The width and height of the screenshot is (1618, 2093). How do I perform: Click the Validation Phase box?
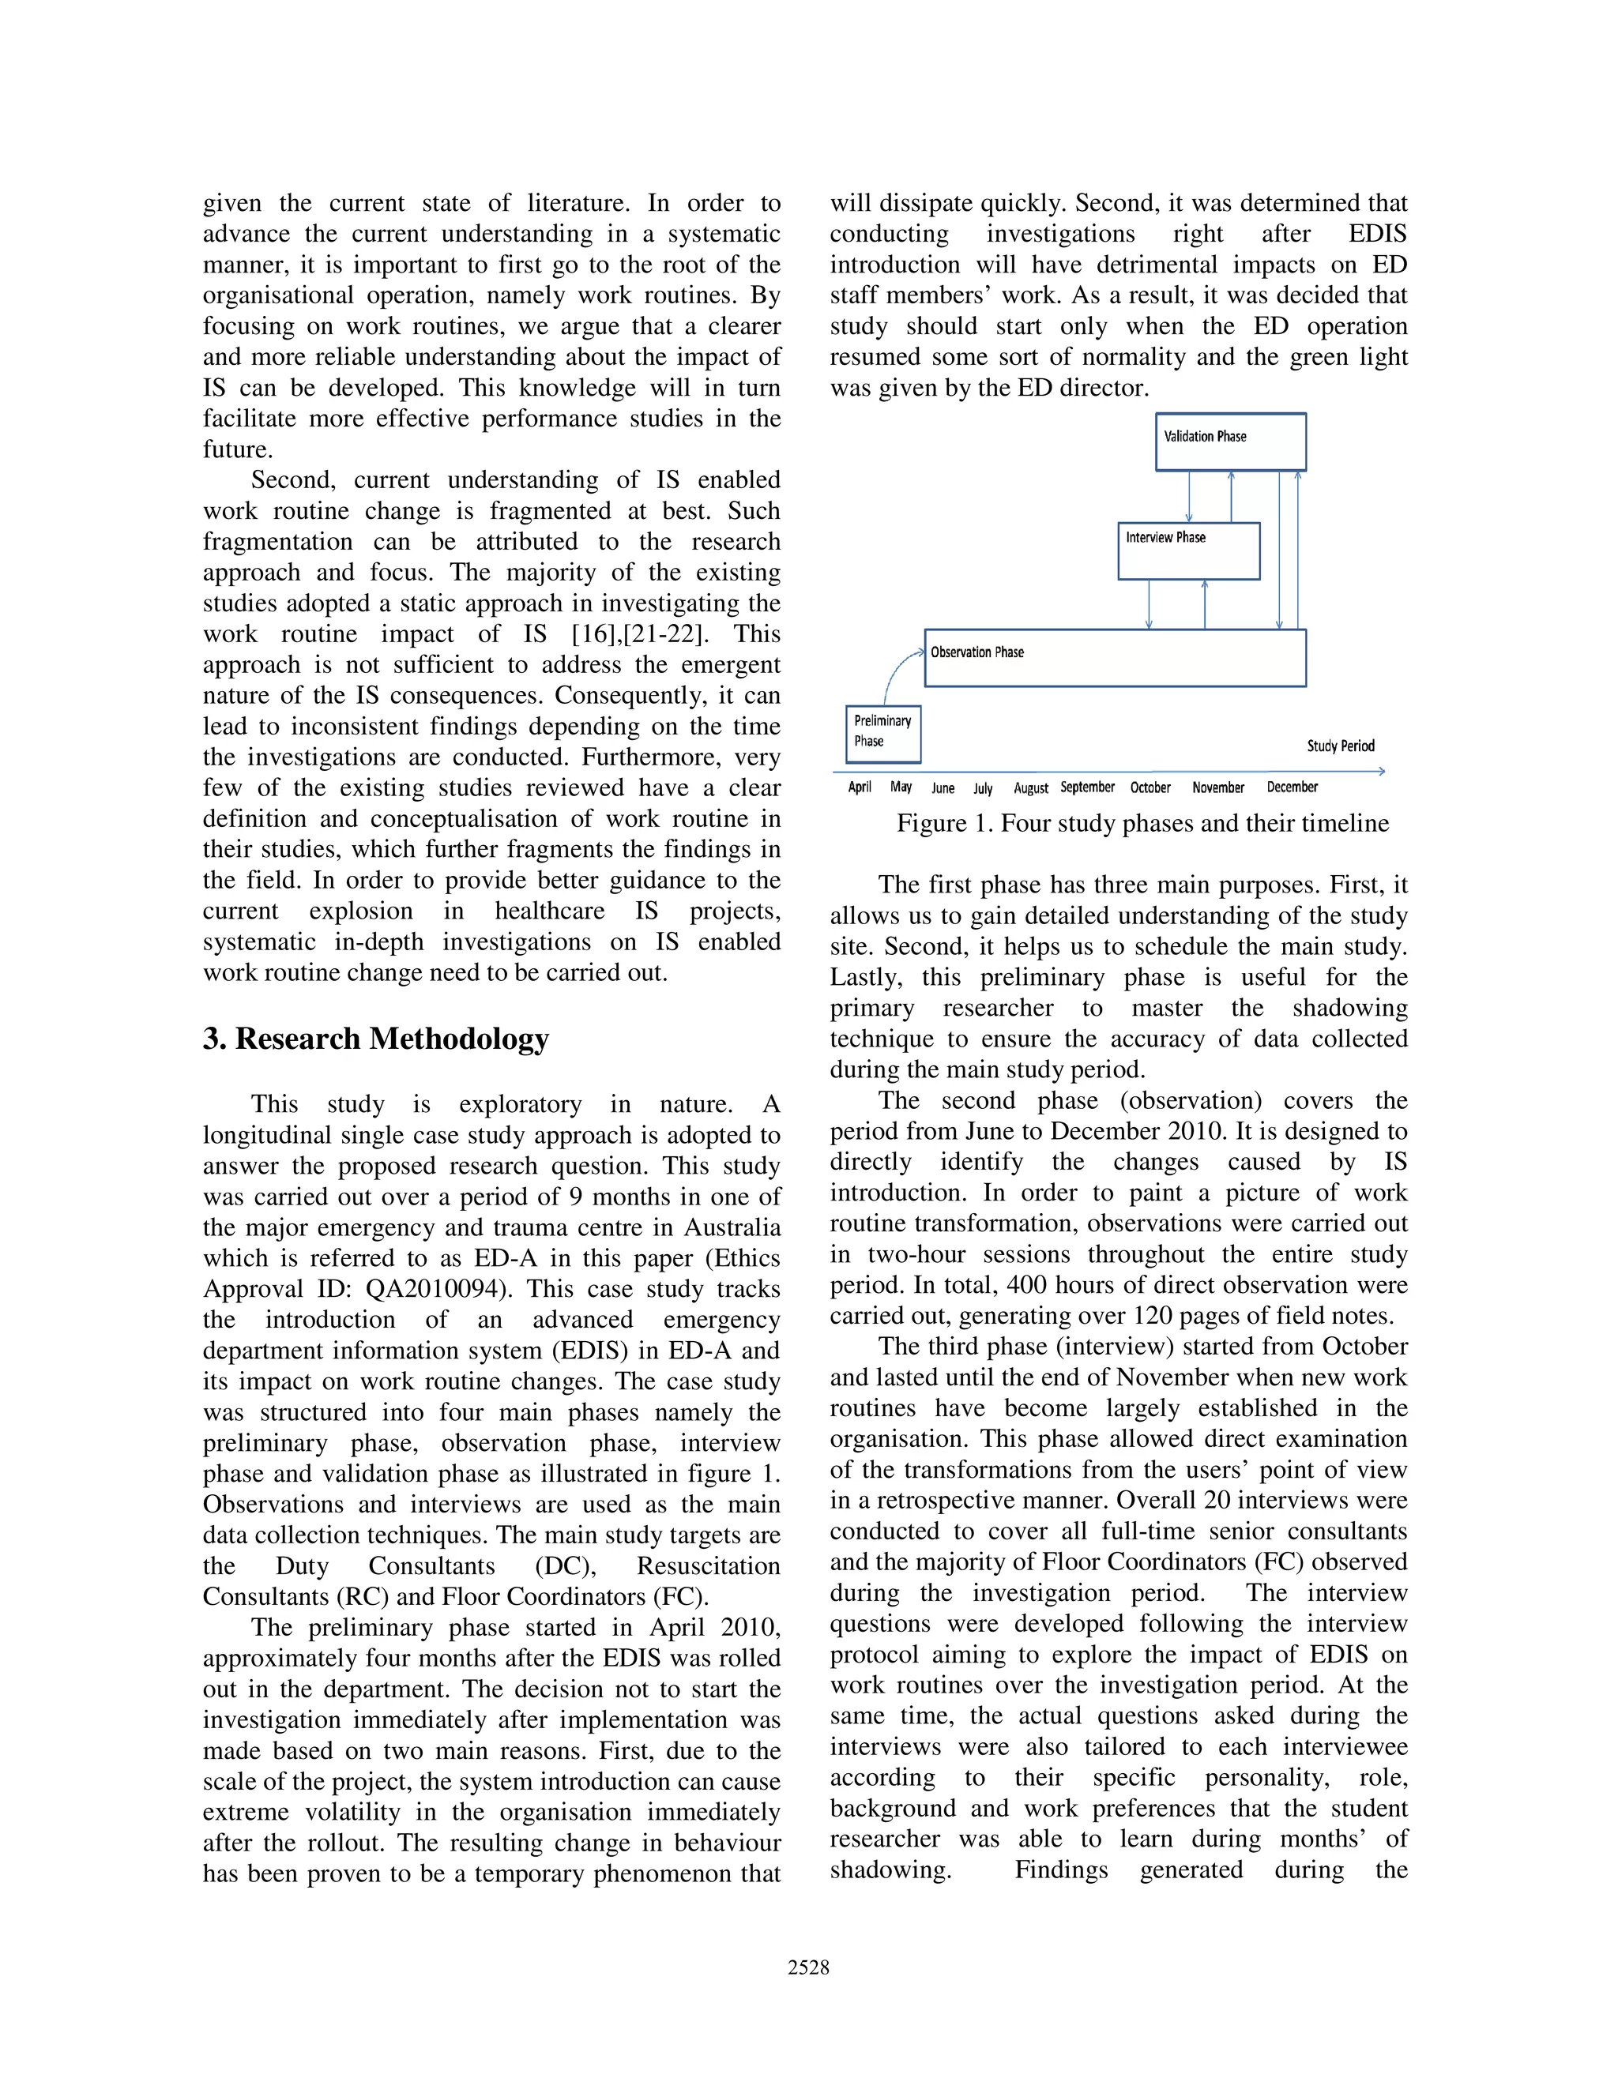(1230, 442)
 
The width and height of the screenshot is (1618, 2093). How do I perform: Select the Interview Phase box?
(1187, 551)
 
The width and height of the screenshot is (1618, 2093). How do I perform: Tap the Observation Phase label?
(976, 652)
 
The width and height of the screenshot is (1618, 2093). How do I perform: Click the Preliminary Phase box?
(882, 734)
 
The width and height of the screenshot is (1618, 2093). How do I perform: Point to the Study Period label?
(1340, 746)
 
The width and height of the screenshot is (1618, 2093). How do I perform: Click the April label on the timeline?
(859, 787)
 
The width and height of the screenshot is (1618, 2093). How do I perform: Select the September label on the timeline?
(1087, 787)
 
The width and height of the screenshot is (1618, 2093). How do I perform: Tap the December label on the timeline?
(1291, 787)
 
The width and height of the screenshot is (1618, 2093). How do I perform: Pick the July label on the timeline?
(983, 789)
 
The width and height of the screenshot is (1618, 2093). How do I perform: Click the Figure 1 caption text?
(1142, 824)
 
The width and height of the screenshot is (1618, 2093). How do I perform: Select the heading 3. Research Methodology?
(376, 1039)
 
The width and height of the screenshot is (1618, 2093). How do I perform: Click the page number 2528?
(808, 1967)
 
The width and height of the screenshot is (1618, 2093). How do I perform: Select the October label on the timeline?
(1150, 787)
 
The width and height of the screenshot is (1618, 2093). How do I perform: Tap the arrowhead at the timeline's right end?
(1380, 772)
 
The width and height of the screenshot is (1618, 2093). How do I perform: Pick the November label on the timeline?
(1217, 787)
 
